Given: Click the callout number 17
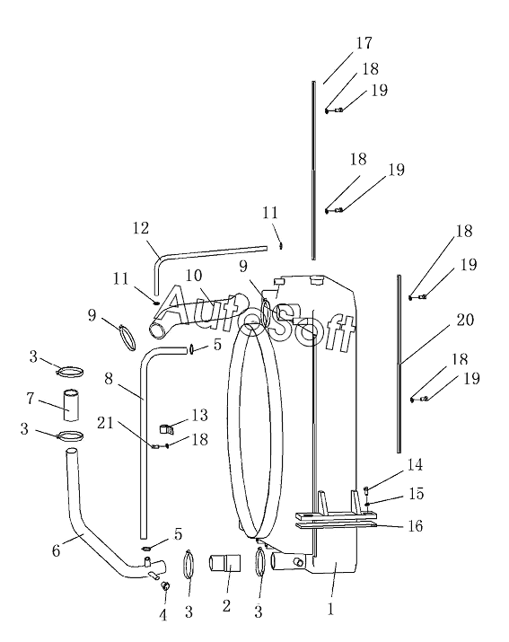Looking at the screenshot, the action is (x=364, y=43).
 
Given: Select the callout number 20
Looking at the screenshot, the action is (x=465, y=320).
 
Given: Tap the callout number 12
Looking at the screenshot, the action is (x=140, y=228).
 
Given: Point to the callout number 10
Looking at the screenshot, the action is (x=193, y=276).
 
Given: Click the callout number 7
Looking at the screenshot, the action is (x=30, y=399).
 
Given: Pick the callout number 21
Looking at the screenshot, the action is (x=105, y=423).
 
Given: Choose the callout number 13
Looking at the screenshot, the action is (x=199, y=415).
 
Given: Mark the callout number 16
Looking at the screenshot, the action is (x=416, y=525).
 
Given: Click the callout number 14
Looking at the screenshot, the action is (x=415, y=465).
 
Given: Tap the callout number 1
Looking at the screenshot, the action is (x=331, y=609).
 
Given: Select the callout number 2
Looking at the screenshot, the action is (x=226, y=606).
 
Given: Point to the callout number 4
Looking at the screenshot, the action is (x=163, y=615).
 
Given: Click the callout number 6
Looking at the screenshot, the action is (x=56, y=551).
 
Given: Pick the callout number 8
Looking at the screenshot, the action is (x=108, y=379).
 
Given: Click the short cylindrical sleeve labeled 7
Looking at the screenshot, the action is (x=72, y=405).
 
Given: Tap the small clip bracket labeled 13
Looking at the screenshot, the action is (x=166, y=428).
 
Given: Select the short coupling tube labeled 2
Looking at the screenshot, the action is (x=224, y=563).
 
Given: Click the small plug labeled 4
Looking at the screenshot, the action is (x=166, y=586).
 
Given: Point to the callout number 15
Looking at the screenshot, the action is (x=416, y=494).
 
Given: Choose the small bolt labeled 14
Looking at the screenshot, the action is (x=366, y=490).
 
